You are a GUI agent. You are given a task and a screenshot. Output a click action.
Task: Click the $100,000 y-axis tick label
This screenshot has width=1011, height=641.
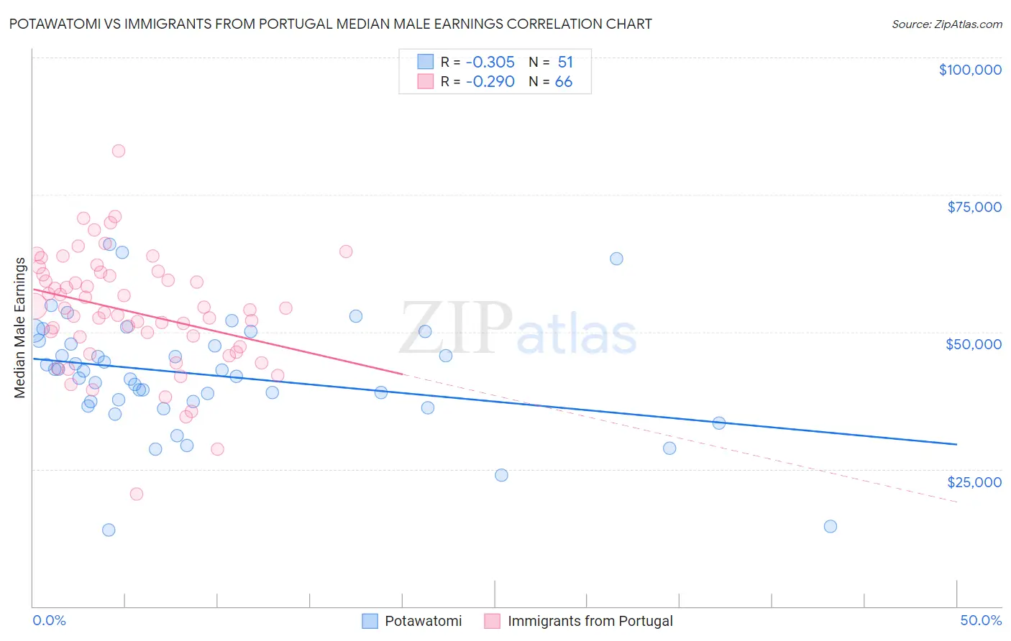click(969, 70)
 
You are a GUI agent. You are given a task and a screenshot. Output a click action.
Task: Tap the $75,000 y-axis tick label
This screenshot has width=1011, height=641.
click(974, 207)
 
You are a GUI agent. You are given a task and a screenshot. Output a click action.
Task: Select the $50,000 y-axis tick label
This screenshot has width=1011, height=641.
click(973, 344)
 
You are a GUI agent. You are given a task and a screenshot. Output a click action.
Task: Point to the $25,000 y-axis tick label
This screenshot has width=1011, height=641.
click(974, 482)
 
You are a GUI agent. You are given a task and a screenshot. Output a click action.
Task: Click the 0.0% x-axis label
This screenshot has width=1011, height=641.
click(49, 620)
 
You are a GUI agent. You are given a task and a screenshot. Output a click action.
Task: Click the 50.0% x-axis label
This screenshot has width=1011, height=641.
click(980, 620)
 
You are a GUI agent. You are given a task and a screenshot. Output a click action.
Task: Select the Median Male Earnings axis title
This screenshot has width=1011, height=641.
click(19, 328)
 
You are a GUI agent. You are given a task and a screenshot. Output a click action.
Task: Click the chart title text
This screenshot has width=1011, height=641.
click(330, 24)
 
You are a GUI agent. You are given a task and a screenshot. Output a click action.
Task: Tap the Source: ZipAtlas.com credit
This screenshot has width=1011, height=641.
click(946, 24)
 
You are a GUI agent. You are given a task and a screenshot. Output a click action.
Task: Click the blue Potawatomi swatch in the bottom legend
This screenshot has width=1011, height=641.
click(370, 621)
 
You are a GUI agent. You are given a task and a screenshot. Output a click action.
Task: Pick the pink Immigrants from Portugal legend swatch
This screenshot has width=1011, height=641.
click(493, 621)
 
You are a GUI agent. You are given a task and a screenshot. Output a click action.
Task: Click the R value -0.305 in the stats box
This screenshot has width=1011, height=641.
click(490, 62)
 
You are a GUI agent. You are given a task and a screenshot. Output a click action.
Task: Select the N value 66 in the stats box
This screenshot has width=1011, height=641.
click(563, 82)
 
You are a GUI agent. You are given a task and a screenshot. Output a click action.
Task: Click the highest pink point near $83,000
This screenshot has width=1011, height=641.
click(119, 151)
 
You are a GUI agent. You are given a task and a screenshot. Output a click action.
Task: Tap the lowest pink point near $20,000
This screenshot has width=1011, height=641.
click(136, 494)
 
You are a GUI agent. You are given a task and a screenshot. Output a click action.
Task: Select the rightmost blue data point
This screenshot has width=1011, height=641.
click(830, 526)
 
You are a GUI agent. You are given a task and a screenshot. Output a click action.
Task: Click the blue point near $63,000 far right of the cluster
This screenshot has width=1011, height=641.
click(616, 259)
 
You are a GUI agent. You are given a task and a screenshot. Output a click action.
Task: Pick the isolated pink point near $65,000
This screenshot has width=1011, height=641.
click(346, 252)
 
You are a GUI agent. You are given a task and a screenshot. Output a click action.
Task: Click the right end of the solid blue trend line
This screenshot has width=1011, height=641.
click(956, 444)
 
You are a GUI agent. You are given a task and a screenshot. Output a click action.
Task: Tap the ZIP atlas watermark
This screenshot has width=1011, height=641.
click(518, 329)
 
